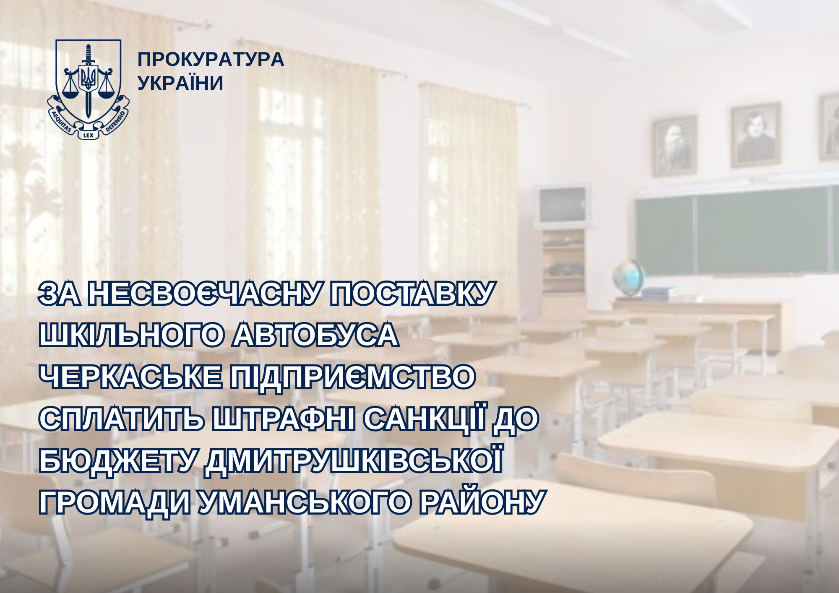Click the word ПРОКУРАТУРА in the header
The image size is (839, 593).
tap(211, 60)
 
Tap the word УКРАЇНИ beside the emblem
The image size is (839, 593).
tap(180, 83)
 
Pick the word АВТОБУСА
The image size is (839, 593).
tap(315, 335)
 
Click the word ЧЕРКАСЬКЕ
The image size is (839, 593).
tap(130, 377)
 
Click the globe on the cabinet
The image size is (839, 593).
tap(628, 277)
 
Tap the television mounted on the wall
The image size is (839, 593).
tap(562, 205)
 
